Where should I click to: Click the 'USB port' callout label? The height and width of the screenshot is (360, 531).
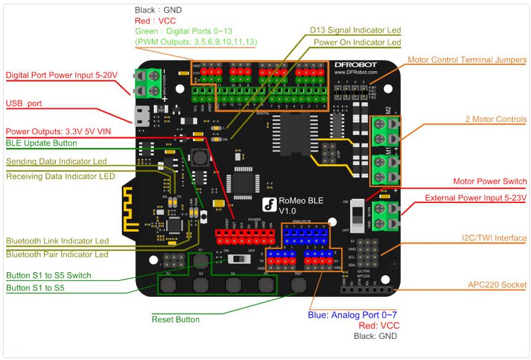click(x=23, y=103)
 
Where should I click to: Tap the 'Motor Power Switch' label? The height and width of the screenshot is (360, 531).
click(x=490, y=181)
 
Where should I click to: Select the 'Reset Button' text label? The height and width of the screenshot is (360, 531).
click(x=176, y=319)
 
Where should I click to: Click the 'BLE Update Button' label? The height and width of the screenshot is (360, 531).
click(x=41, y=143)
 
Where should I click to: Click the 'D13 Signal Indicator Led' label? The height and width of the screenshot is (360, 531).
click(x=355, y=30)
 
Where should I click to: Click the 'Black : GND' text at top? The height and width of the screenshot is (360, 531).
click(x=158, y=10)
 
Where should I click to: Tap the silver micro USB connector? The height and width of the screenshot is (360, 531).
click(x=142, y=116)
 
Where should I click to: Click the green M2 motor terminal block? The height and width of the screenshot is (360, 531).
click(x=384, y=129)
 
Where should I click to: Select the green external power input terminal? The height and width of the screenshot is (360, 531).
click(x=384, y=215)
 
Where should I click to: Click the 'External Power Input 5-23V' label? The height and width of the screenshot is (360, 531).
click(x=475, y=198)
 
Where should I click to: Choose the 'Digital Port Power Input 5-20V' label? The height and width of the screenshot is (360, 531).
click(x=61, y=75)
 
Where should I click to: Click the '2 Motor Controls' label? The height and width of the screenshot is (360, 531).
click(x=496, y=119)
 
